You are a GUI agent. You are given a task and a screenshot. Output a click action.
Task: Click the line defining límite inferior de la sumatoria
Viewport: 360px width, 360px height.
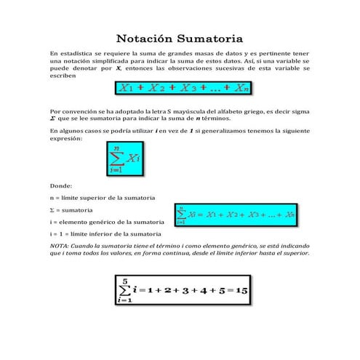click(105, 233)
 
